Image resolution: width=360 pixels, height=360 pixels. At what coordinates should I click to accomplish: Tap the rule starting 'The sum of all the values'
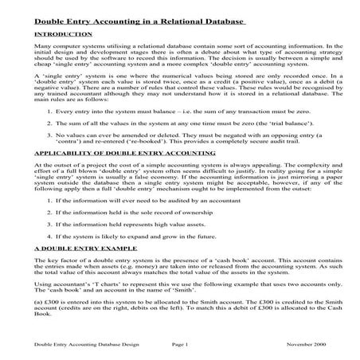point(159,124)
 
